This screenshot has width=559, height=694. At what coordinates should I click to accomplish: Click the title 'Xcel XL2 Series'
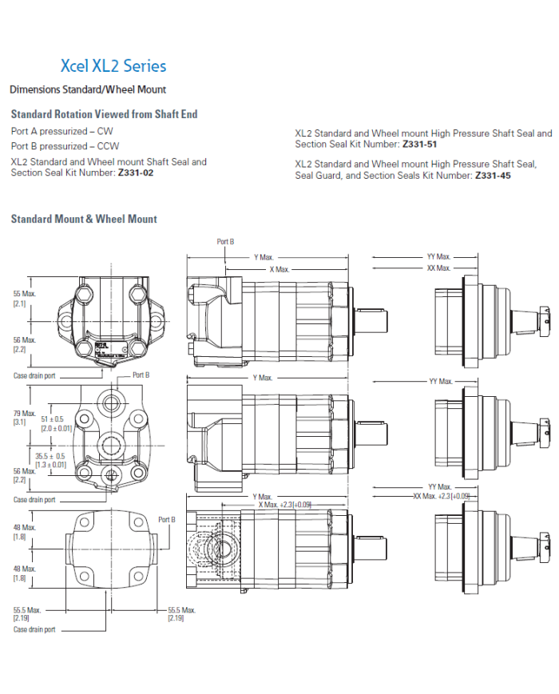pos(113,66)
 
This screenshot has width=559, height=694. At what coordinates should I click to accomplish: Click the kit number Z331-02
pos(136,173)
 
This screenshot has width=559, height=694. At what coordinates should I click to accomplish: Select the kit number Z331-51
pos(419,145)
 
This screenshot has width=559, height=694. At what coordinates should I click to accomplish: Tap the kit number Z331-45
pos(493,175)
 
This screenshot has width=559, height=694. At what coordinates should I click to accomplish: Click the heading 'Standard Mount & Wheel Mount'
pos(84,219)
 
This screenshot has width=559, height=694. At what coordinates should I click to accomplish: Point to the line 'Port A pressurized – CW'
pos(62,132)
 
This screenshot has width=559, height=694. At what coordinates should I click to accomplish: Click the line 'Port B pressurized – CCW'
pos(65,146)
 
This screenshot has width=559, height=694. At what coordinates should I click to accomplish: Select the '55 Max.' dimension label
pos(24,294)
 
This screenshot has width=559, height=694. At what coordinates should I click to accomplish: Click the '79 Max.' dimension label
pos(24,414)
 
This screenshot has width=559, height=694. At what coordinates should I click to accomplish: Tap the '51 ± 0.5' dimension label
pos(52,418)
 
